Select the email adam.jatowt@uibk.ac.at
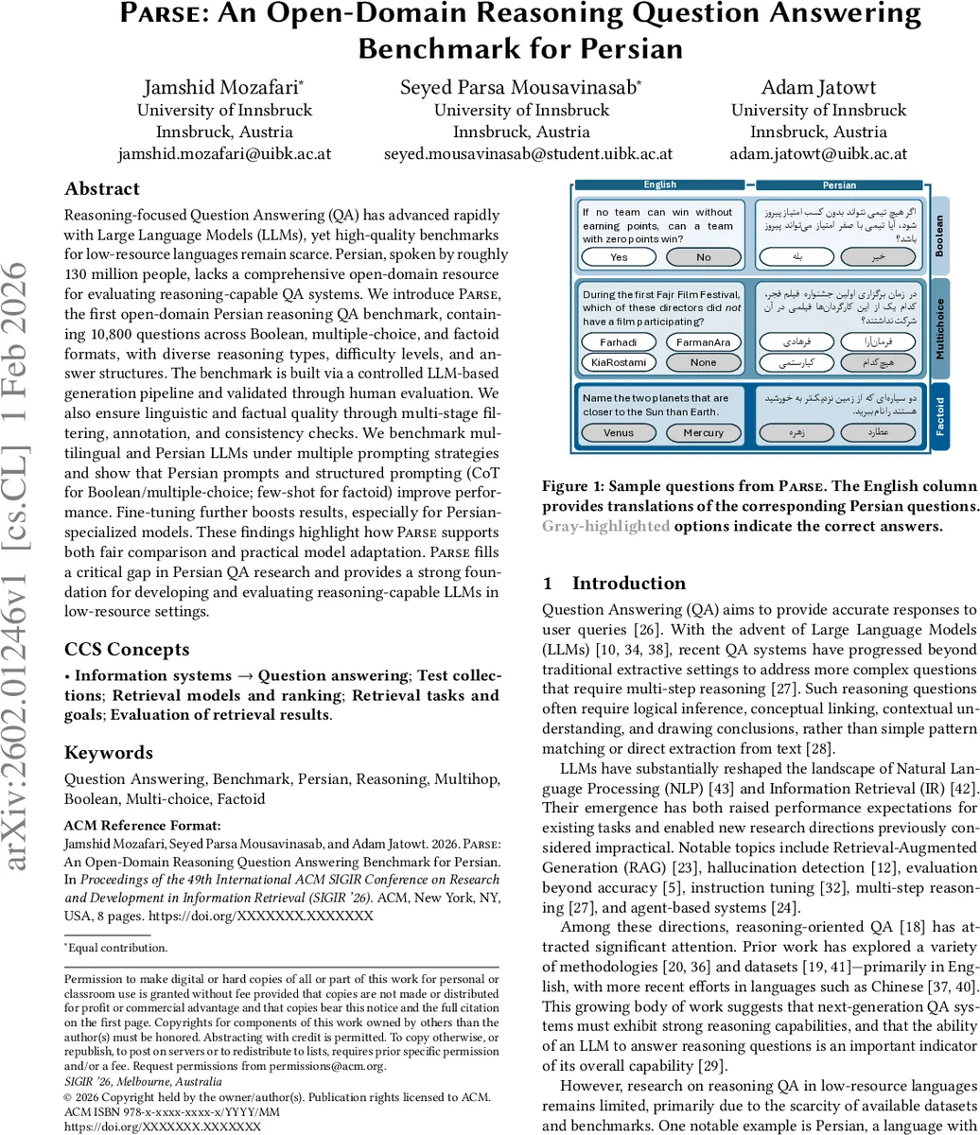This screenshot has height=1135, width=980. click(x=818, y=153)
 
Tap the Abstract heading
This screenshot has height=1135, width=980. click(x=101, y=189)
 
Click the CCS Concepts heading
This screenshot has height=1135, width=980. click(x=127, y=649)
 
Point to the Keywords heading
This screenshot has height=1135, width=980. click(x=108, y=753)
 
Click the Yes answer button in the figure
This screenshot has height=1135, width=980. click(x=619, y=257)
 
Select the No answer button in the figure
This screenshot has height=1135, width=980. click(x=703, y=257)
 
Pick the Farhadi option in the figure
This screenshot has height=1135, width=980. click(x=619, y=342)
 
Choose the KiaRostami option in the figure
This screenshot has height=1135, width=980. click(x=619, y=362)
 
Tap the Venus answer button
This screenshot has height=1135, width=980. click(x=619, y=432)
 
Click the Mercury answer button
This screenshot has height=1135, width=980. click(x=703, y=432)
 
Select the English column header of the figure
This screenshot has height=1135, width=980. click(x=660, y=185)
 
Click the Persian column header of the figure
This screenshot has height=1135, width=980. click(x=839, y=185)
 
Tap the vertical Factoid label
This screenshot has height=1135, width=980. click(x=939, y=416)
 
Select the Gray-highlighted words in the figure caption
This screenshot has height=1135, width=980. click(x=605, y=526)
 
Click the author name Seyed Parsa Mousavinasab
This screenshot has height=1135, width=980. click(x=521, y=88)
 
